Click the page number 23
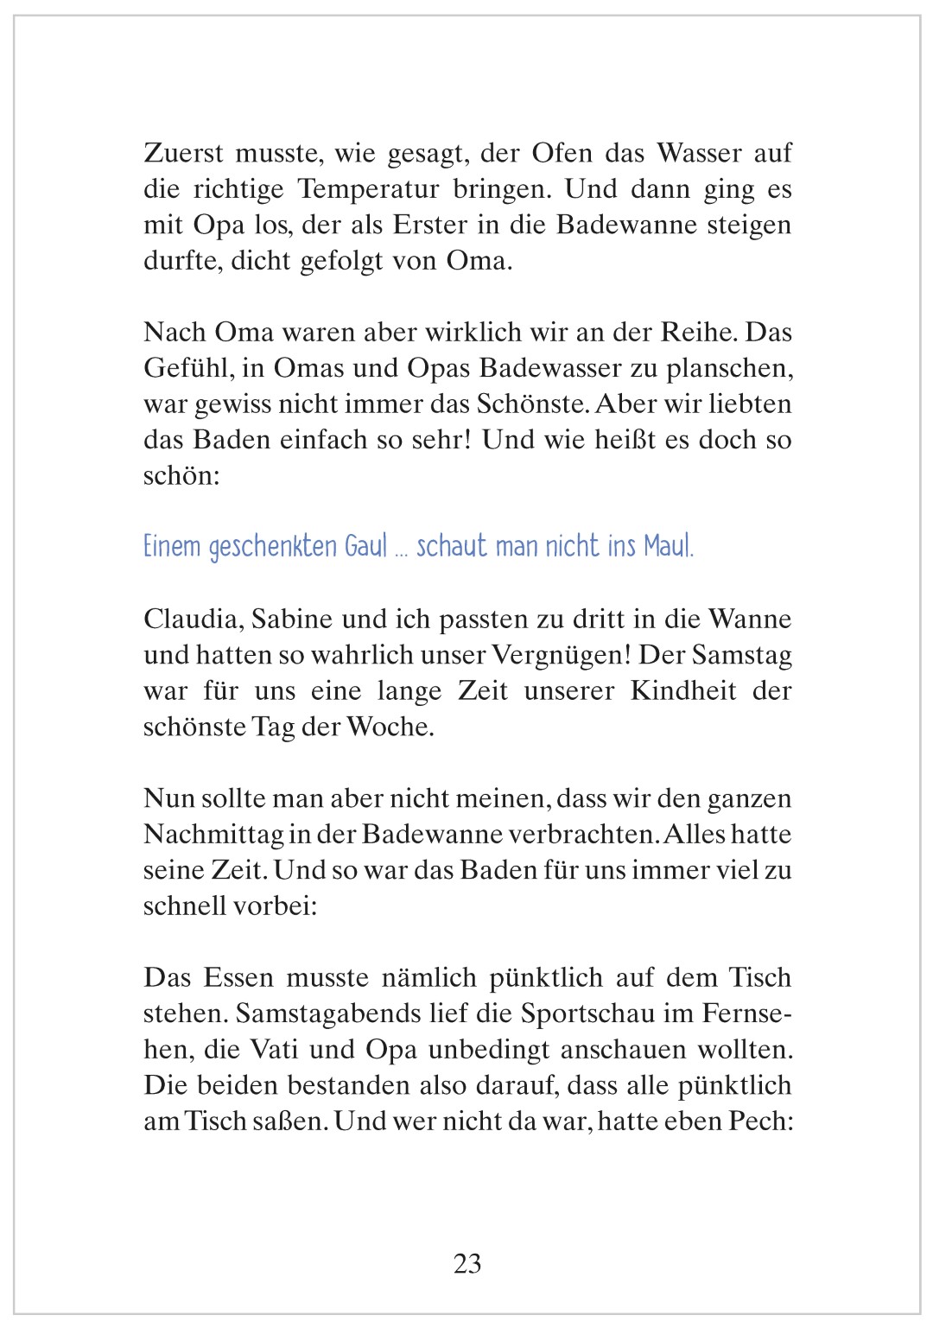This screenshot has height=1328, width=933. point(467,1263)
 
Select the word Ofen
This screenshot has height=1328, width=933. point(562,153)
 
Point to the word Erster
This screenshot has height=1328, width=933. point(429,225)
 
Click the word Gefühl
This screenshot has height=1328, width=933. point(186,368)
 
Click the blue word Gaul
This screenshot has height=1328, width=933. point(365,547)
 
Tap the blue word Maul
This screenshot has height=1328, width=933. point(669,547)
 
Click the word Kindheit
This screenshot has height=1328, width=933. point(683,691)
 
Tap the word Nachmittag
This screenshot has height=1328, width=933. point(213,834)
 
